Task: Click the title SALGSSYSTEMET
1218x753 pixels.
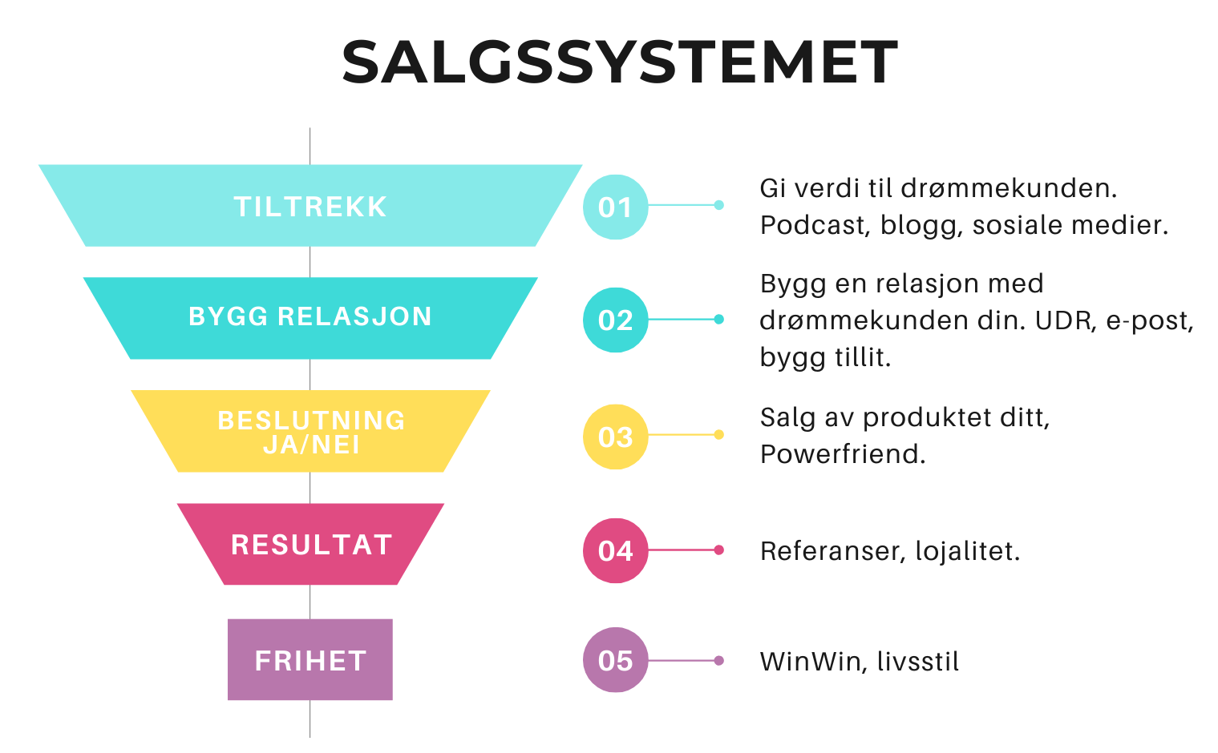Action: tap(619, 62)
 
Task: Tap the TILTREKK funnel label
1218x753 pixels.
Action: tap(310, 207)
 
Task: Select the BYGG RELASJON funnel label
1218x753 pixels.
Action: tap(310, 316)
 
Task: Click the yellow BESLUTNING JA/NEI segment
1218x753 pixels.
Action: tap(310, 432)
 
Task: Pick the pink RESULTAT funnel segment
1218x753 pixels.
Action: tap(310, 545)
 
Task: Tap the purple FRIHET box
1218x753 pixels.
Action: tap(310, 660)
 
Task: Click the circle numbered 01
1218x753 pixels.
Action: tap(615, 207)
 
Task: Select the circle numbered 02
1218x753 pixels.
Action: tap(615, 320)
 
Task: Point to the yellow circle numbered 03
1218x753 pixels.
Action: tap(615, 437)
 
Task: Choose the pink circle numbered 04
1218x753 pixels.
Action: tap(615, 551)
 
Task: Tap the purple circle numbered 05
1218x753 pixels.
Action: tap(615, 660)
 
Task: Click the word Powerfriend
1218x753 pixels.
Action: tap(842, 454)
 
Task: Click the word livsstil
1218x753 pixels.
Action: tap(918, 662)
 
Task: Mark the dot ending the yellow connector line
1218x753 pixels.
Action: tap(718, 435)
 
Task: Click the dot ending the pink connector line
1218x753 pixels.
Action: tap(718, 550)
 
